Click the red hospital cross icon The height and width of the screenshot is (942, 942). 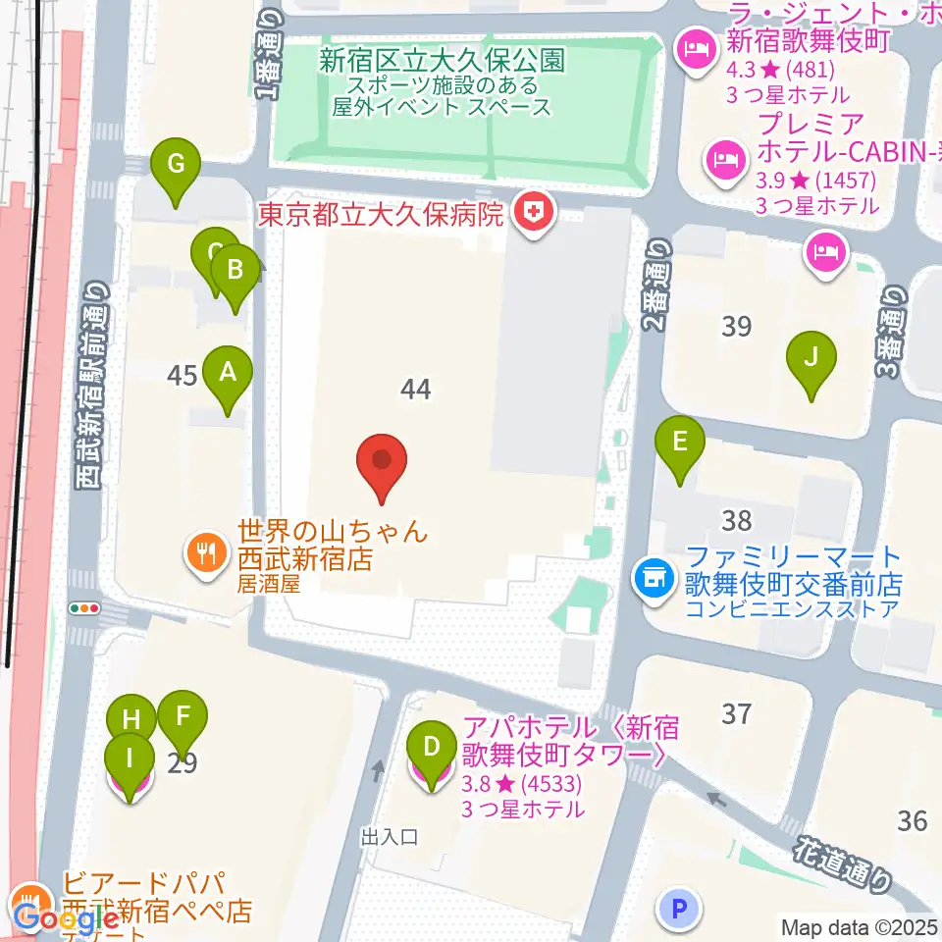tap(536, 214)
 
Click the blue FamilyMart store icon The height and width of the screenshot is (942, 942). tap(653, 576)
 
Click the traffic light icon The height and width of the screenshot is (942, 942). tap(85, 608)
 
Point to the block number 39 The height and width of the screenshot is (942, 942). tap(737, 327)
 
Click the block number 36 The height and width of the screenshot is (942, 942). tap(913, 819)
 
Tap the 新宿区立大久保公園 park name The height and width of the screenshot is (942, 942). tap(442, 62)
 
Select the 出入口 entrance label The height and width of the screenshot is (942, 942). tap(390, 837)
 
